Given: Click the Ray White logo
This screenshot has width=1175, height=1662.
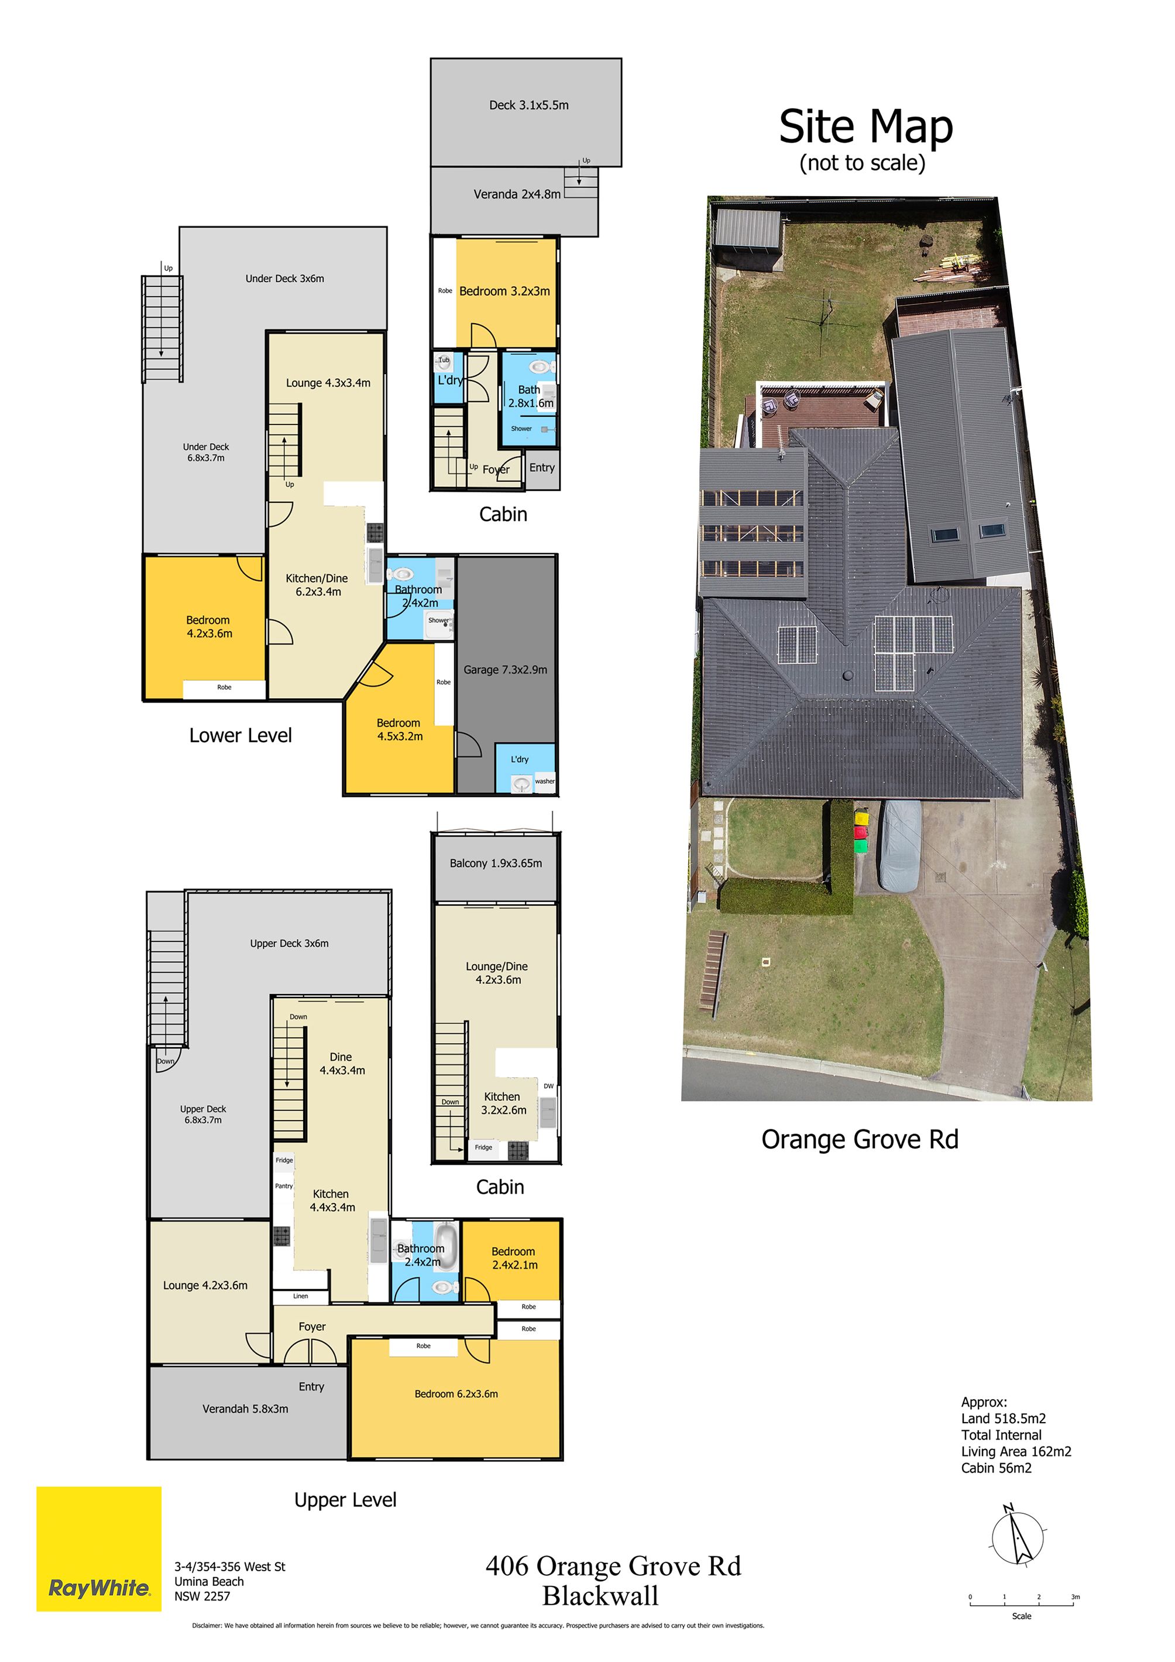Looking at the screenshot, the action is click(99, 1548).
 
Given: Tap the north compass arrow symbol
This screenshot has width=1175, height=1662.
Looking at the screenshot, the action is click(1016, 1536).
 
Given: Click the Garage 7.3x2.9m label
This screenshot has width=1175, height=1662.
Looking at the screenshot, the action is click(505, 670).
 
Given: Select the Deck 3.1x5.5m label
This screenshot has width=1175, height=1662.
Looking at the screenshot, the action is click(529, 105).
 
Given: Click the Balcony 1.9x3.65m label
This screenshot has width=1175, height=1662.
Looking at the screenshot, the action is click(496, 863).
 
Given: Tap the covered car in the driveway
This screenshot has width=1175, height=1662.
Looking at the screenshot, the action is click(900, 845).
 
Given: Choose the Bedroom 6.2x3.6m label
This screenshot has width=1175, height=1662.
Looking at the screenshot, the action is click(456, 1393).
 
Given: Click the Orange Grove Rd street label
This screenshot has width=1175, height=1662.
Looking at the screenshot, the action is click(860, 1139).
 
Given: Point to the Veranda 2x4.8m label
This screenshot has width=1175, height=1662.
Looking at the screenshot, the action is click(517, 194).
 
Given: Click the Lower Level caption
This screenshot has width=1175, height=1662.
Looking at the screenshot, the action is click(241, 735).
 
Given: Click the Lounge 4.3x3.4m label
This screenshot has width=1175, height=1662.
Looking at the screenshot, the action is click(328, 383).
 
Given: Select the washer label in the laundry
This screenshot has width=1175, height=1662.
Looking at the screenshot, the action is click(545, 781).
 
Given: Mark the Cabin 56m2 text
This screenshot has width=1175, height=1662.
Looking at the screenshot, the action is click(997, 1468).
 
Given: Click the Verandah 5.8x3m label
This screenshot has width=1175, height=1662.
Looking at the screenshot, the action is click(245, 1409).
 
